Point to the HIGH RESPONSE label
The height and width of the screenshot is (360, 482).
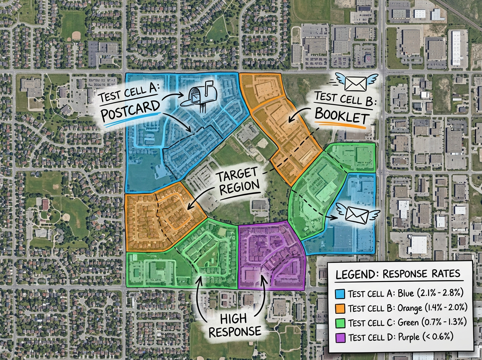coord(240,325)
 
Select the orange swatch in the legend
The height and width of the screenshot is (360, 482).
coord(341,308)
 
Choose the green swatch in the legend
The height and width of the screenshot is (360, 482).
coord(341,322)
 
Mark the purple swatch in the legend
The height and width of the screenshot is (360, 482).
coord(341,336)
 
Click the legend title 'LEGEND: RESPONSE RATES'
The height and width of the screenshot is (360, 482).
coord(397,274)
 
